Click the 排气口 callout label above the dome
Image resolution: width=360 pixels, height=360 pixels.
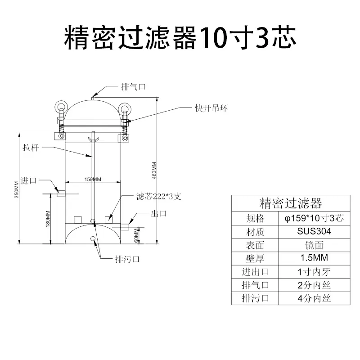click(133, 87)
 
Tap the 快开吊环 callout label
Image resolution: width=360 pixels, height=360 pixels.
click(211, 108)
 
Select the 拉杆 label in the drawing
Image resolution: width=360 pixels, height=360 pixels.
click(31, 148)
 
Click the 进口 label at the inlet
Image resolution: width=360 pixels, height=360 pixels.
click(28, 180)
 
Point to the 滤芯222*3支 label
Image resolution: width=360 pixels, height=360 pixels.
click(159, 196)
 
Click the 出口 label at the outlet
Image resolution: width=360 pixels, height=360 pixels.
click(159, 213)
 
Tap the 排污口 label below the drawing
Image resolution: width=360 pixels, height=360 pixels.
click(127, 259)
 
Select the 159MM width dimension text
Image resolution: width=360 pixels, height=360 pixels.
click(93, 179)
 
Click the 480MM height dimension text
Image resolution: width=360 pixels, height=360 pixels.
click(154, 171)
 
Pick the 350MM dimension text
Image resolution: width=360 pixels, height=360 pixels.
click(17, 189)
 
